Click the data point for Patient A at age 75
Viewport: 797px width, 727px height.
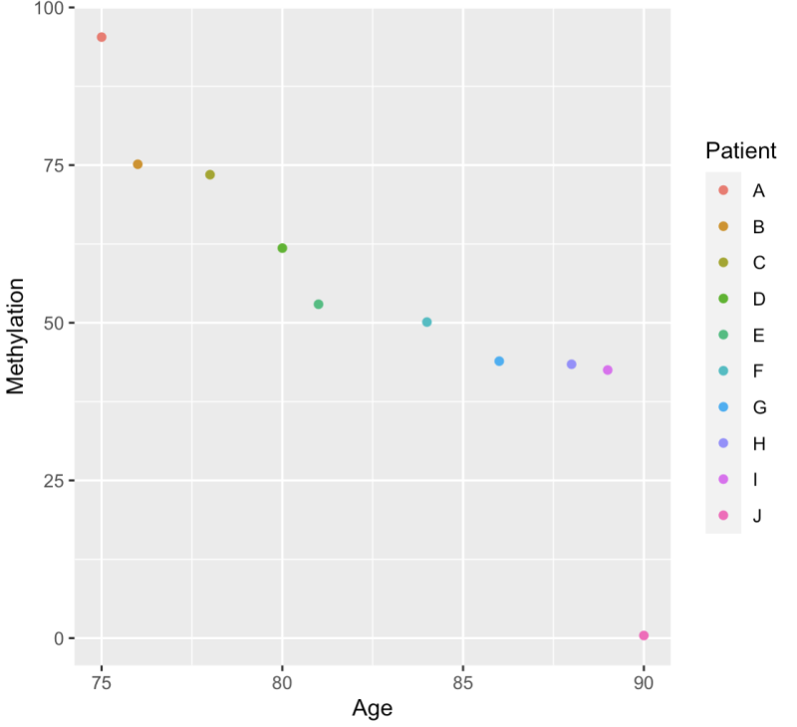point(102,37)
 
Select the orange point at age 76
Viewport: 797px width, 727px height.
point(137,164)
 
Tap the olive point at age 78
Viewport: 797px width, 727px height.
point(210,174)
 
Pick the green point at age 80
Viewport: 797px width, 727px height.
point(282,248)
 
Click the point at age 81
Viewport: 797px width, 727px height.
point(319,304)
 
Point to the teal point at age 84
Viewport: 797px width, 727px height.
point(426,322)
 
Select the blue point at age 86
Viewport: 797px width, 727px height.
point(499,361)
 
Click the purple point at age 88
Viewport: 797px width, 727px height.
point(571,364)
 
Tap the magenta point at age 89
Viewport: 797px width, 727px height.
point(608,369)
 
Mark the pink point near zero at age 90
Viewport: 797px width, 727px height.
point(644,635)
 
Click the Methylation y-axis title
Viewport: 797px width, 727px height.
point(16,336)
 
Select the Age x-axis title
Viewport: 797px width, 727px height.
point(372,708)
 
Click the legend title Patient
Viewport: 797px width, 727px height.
point(740,150)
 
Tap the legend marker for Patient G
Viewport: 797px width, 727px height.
point(723,407)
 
